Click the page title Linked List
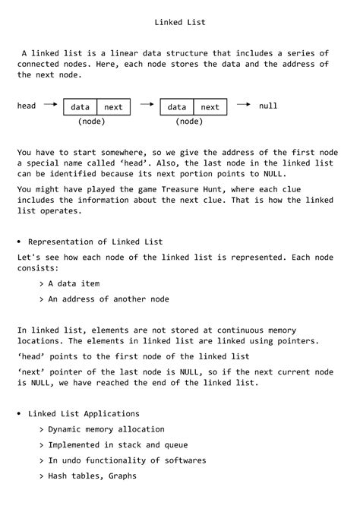[180, 23]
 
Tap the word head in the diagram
[27, 106]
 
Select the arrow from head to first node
[50, 106]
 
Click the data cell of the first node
[80, 108]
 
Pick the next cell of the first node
[112, 108]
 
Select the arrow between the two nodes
[147, 106]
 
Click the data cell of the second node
[177, 108]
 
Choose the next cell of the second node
[210, 108]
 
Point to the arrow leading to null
[244, 105]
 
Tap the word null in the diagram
[268, 106]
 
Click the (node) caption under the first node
[91, 122]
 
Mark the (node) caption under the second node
[188, 122]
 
